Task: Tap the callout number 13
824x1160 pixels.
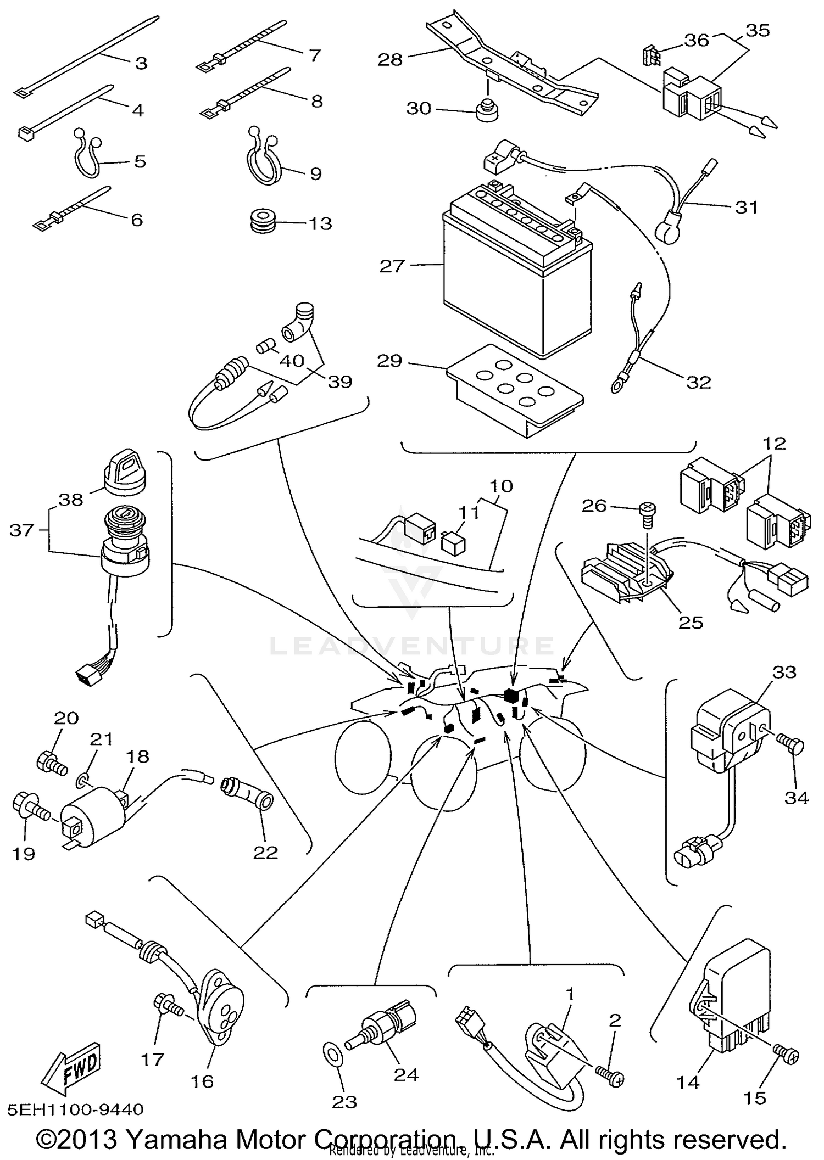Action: (320, 224)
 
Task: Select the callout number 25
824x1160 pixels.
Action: (691, 622)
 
